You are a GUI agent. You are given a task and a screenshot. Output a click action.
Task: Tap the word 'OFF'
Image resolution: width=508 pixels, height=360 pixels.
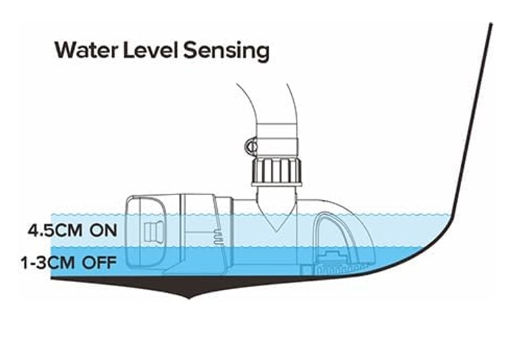tap(100, 262)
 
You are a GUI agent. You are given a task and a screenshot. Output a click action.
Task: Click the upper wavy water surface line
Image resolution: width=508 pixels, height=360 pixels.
tap(407, 216)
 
